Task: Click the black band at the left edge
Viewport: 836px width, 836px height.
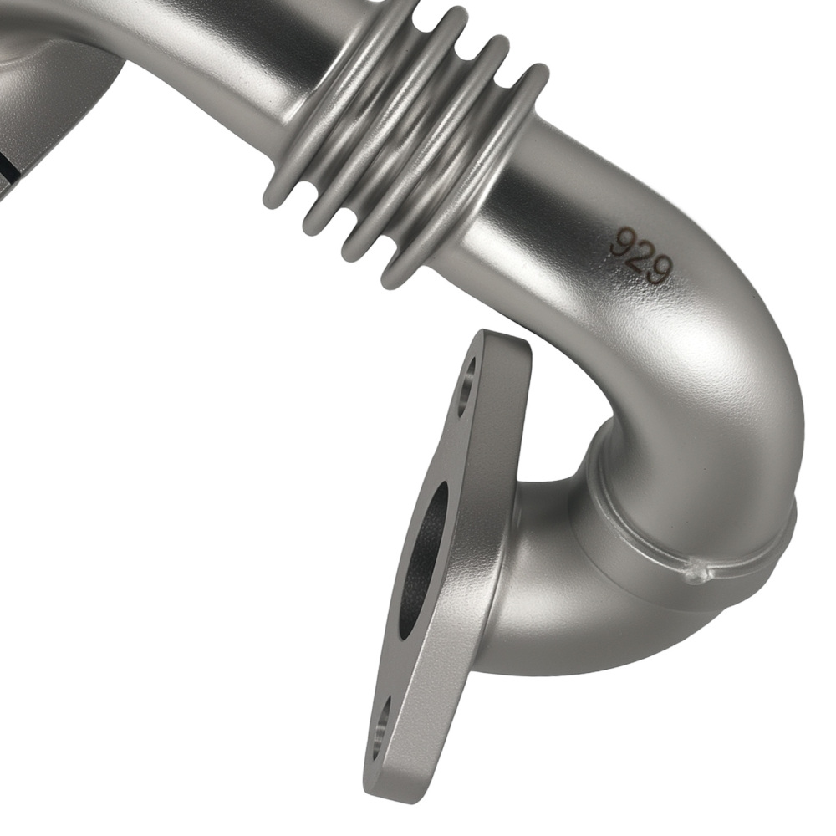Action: click(8, 171)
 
